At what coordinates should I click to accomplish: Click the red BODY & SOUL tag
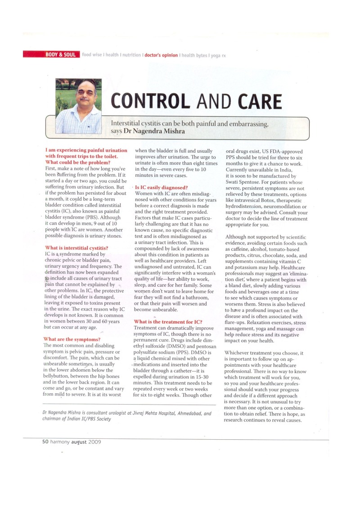click(52, 55)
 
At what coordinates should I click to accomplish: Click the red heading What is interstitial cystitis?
click(76, 248)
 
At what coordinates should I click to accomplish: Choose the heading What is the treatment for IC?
click(168, 322)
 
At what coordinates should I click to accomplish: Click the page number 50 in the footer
click(45, 441)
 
